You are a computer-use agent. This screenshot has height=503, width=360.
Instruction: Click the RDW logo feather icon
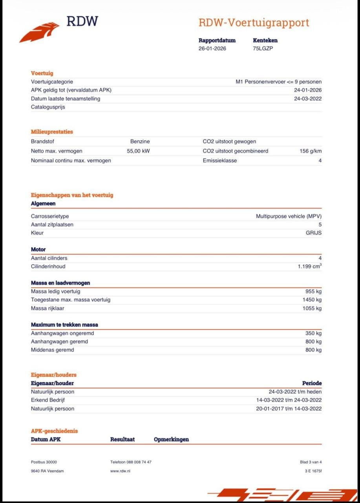(39, 32)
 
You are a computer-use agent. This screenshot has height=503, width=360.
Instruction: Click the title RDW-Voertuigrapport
(254, 23)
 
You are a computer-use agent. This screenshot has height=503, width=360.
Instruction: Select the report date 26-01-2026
(212, 49)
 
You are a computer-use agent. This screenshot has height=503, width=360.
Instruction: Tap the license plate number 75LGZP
(263, 49)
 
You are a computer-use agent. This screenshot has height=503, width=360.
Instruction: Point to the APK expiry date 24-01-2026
(308, 90)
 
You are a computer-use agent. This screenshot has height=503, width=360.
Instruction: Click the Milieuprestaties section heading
(52, 132)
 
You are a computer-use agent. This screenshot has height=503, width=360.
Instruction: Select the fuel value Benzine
(140, 141)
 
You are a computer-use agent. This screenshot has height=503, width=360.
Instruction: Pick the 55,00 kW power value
(138, 151)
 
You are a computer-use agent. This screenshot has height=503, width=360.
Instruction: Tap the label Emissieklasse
(220, 160)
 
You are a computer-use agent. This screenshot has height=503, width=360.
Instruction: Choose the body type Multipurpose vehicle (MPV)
(289, 216)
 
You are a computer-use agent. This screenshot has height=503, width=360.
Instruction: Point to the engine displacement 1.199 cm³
(309, 266)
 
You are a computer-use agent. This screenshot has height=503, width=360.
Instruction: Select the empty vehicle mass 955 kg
(313, 291)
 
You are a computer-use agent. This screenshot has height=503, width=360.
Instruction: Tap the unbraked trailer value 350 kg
(313, 333)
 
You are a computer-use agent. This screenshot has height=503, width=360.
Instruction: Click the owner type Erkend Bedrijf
(48, 400)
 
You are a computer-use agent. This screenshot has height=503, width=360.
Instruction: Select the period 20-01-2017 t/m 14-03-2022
(289, 409)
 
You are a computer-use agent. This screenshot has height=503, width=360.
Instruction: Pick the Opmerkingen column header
(171, 439)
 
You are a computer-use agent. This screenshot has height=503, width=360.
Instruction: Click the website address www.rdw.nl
(120, 471)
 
